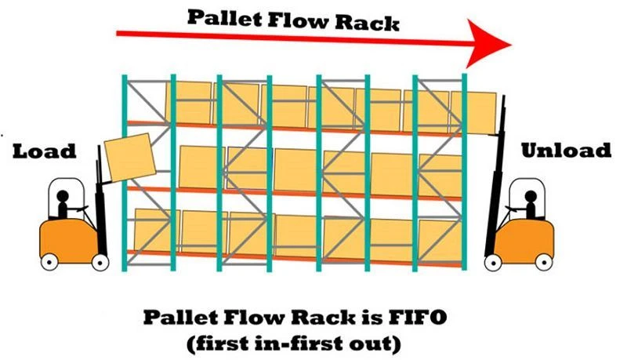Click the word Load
pos(44,151)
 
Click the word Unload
pos(566,150)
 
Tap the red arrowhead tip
pos(512,45)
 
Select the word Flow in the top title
pos(298,20)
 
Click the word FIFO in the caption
pos(417,317)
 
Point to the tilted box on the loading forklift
pos(130,157)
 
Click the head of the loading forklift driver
pos(63,196)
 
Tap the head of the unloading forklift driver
pos(531,196)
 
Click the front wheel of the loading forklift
pos(100,263)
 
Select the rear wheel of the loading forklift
pos(49,263)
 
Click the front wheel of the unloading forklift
pos(493,263)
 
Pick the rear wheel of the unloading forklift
pos(544,263)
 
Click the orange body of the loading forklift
pos(69,240)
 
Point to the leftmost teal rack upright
pos(125,173)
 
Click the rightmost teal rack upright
pos(464,172)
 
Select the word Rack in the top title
pos(367,22)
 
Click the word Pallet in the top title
pos(223,18)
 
